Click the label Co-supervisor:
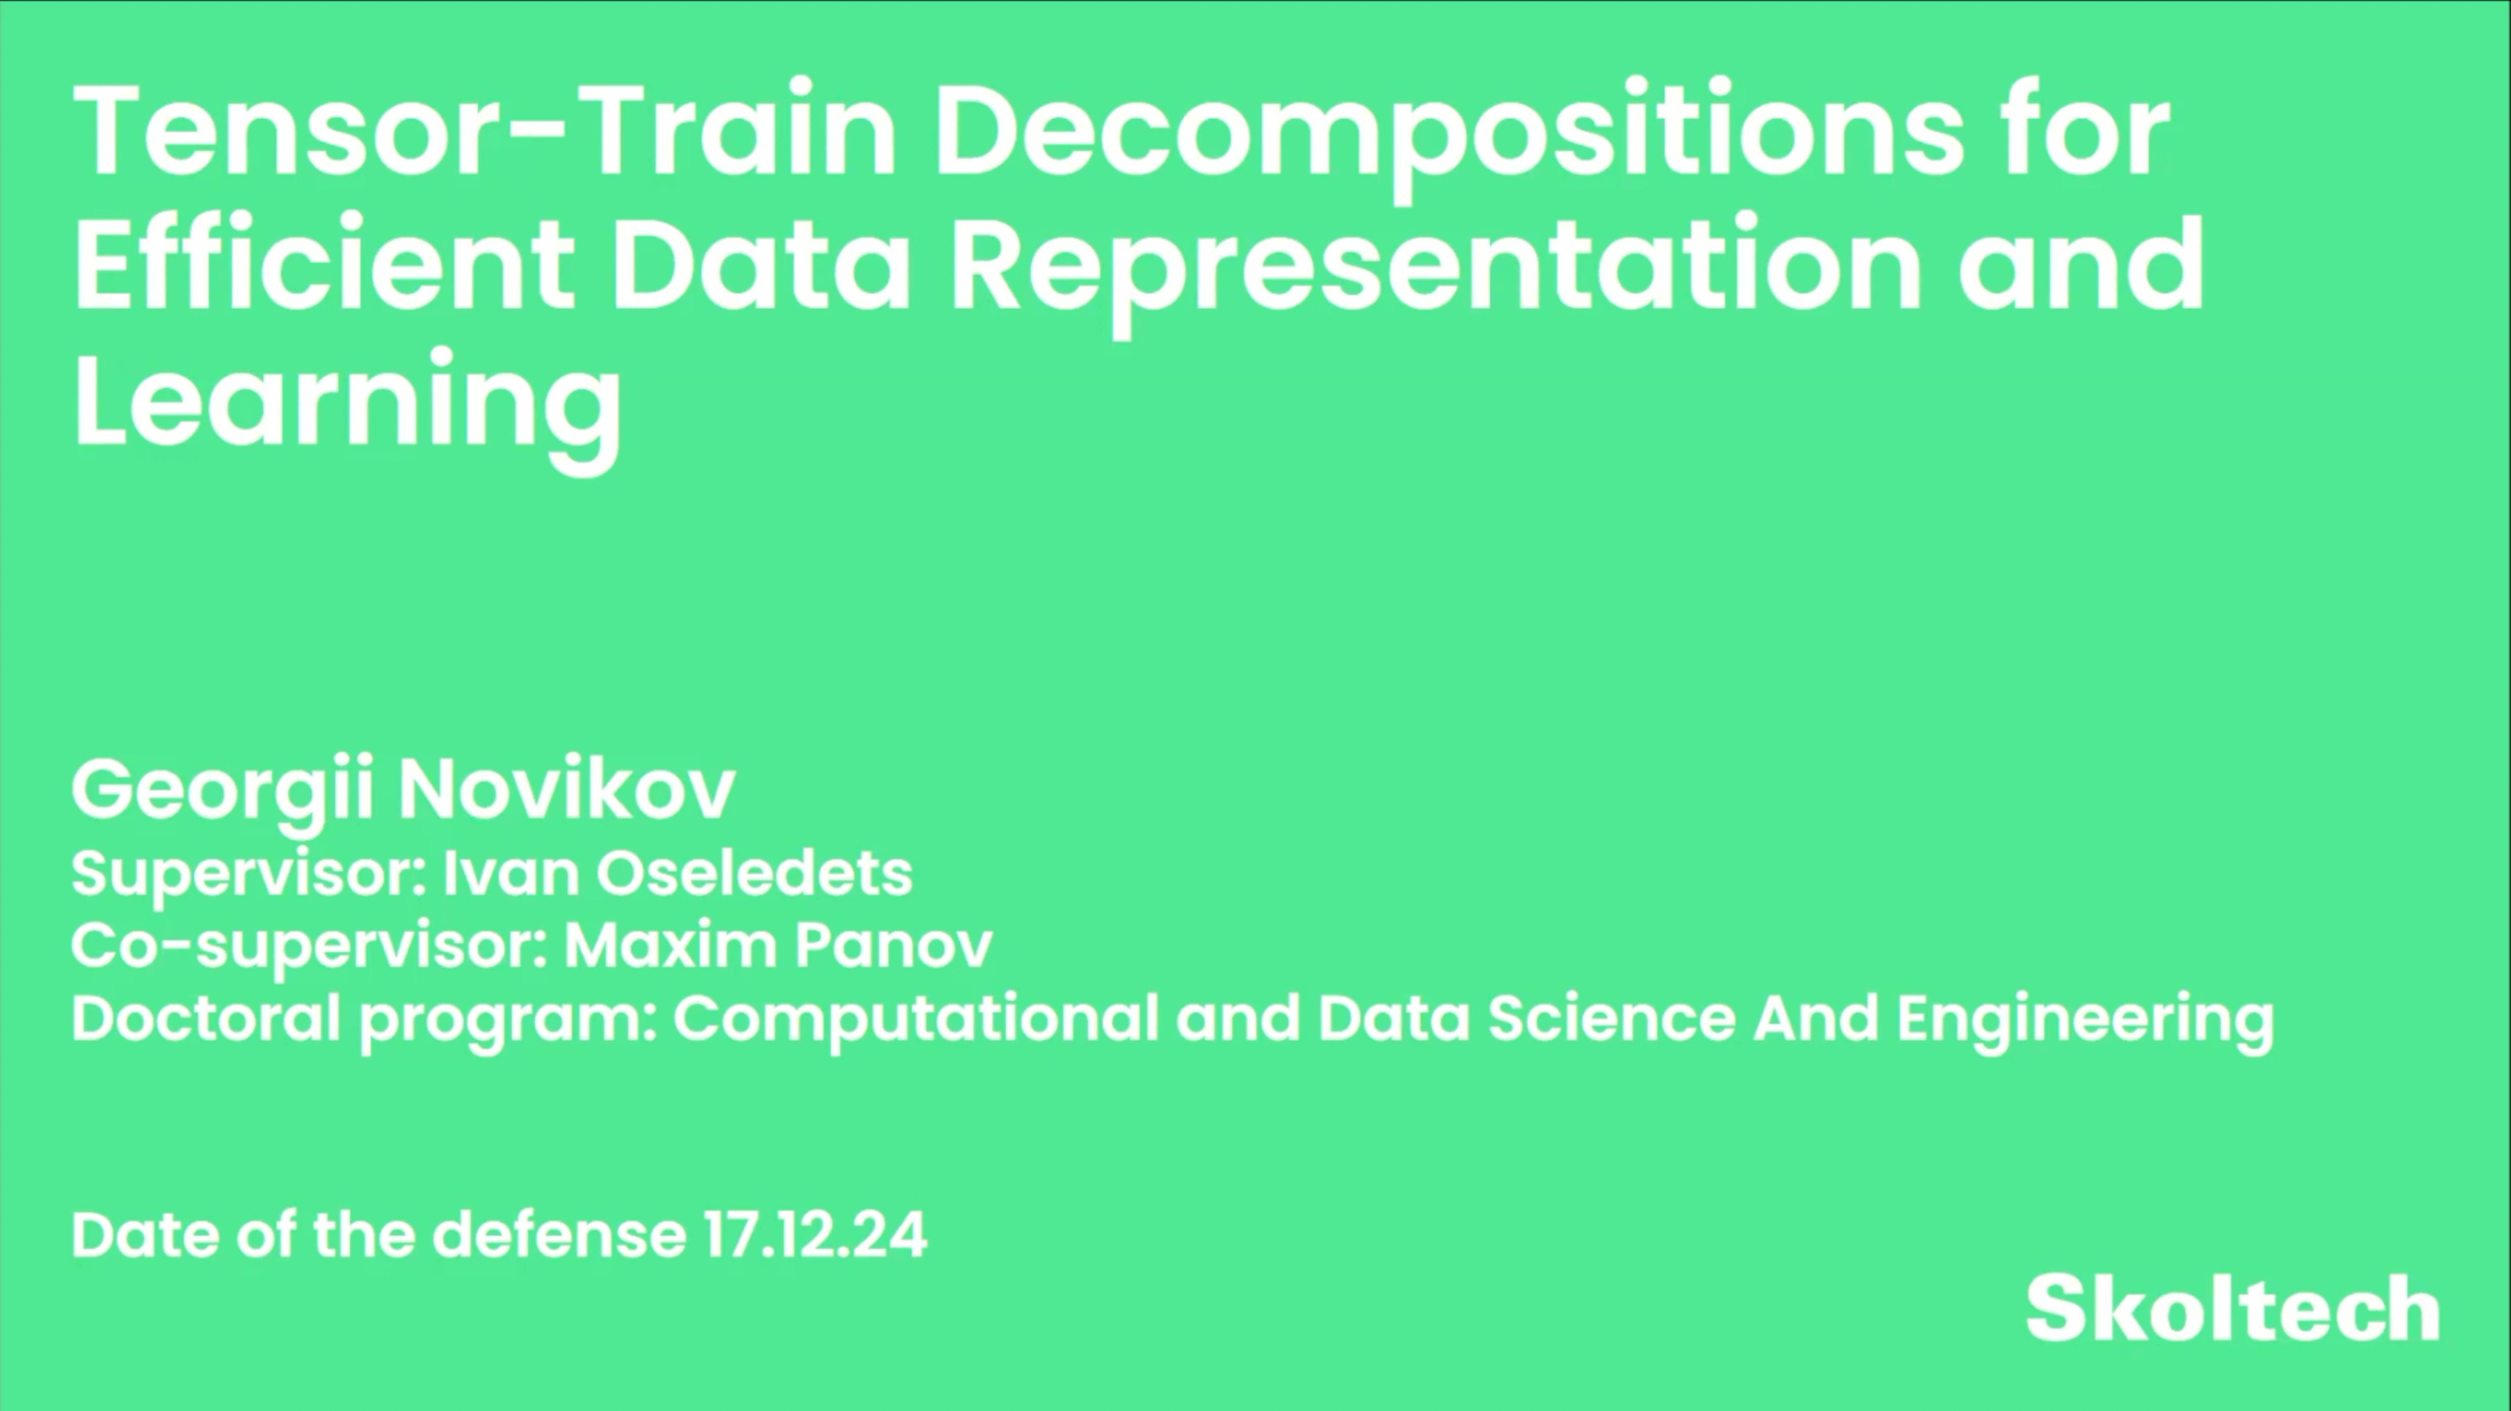pos(310,946)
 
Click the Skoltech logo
pos(2232,1309)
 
